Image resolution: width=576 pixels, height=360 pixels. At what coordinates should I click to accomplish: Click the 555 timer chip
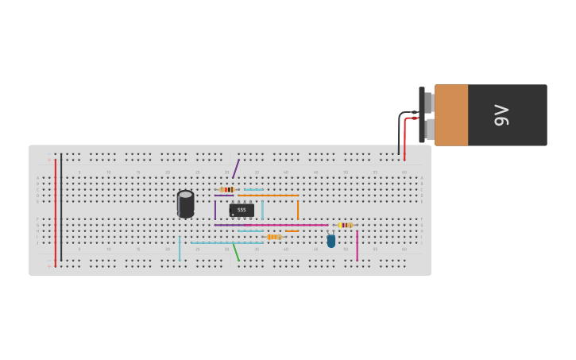pos(242,210)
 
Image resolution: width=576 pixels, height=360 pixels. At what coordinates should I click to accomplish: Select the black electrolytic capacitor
pos(185,204)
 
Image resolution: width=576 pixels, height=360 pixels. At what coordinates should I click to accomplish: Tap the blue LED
pos(331,241)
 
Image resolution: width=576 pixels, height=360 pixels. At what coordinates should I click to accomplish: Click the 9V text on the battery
pos(501,115)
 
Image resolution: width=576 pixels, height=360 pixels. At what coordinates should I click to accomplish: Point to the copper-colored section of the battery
pos(450,115)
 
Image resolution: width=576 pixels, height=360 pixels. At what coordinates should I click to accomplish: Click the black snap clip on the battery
pos(422,115)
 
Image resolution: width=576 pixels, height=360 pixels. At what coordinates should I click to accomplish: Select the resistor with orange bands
pos(273,237)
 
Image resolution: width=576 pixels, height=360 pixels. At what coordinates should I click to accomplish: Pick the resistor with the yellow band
pos(345,225)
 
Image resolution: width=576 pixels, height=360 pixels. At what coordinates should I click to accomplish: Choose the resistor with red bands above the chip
pos(227,189)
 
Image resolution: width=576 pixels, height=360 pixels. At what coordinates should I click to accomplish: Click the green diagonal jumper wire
pos(235,252)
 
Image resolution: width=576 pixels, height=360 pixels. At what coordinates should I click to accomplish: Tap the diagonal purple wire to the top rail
pos(235,168)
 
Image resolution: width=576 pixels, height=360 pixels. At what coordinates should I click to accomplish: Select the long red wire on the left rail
pos(56,211)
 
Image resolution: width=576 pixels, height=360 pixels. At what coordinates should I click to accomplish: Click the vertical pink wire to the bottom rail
pos(358,246)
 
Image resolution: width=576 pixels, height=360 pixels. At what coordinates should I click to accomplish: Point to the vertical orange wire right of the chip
pos(298,210)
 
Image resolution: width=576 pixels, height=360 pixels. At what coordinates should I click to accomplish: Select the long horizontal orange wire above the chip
pos(269,195)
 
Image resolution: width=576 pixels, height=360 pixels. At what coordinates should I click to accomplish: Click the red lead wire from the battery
pos(404,139)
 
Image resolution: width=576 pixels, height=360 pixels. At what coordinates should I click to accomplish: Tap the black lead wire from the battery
pos(399,135)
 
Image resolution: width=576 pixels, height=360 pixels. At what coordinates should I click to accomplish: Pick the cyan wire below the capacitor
pos(180,249)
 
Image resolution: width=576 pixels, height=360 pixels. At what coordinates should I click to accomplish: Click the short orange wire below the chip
pos(292,231)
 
